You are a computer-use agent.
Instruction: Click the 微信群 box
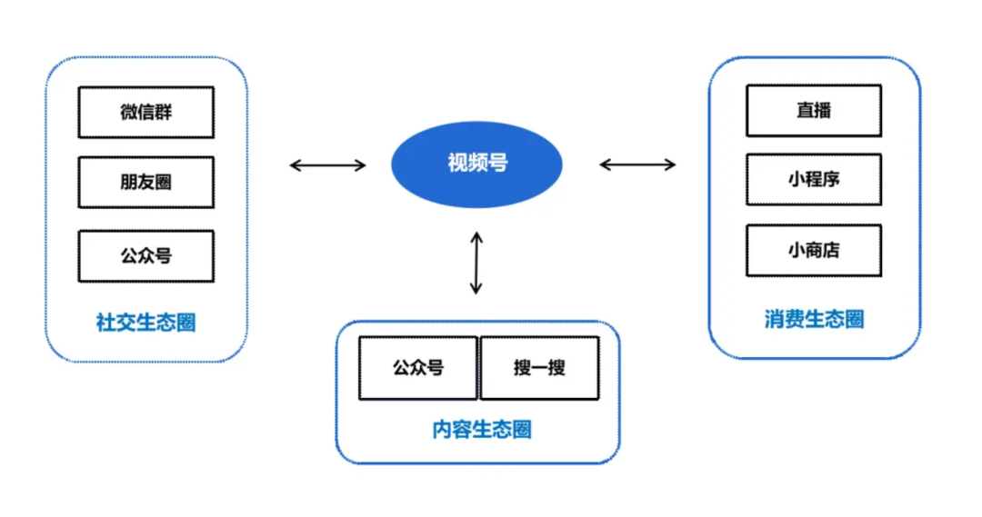click(x=145, y=113)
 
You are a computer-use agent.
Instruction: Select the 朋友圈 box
click(x=145, y=183)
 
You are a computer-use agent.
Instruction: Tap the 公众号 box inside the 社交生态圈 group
click(x=145, y=256)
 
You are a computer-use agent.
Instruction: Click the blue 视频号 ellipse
click(x=476, y=164)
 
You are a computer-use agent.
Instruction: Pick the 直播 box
click(x=813, y=111)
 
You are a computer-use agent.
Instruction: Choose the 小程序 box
click(x=813, y=180)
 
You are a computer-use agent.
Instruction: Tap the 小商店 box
click(x=813, y=251)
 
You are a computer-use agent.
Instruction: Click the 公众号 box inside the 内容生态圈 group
click(x=418, y=368)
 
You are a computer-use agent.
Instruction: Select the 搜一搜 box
click(x=539, y=368)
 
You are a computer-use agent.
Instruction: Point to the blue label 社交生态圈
click(x=145, y=323)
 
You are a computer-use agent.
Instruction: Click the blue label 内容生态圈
click(x=481, y=430)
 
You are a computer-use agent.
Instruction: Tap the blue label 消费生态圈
click(x=814, y=320)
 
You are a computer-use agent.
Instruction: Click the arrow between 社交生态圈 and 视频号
click(x=327, y=165)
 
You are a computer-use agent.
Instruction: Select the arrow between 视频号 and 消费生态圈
click(x=637, y=164)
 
